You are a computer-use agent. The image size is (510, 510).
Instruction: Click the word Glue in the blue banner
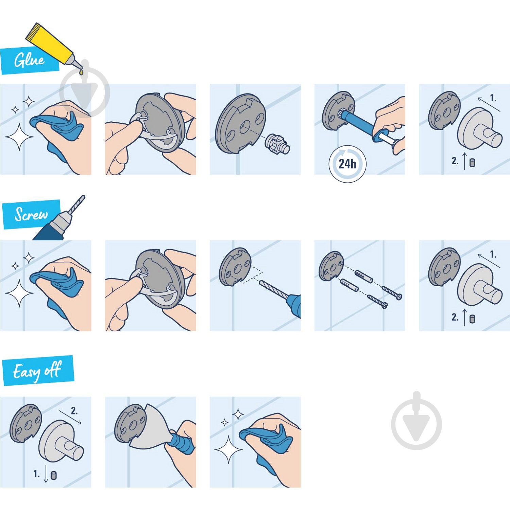pos(29,60)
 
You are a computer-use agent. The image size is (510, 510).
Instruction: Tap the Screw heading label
pos(31,214)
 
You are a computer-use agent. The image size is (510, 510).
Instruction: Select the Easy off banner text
pos(37,371)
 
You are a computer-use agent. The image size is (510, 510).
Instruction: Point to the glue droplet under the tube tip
pos(81,72)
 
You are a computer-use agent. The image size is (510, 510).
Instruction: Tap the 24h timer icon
pos(347,164)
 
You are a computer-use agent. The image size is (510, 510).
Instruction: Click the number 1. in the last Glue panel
pos(493,99)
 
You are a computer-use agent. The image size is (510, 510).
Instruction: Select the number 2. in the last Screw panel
pos(455,317)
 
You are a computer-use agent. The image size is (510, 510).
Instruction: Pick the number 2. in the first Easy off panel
pos(74,411)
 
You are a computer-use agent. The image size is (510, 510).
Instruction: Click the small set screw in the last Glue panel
pos(472,163)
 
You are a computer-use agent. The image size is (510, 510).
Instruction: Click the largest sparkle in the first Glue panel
pos(19,137)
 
